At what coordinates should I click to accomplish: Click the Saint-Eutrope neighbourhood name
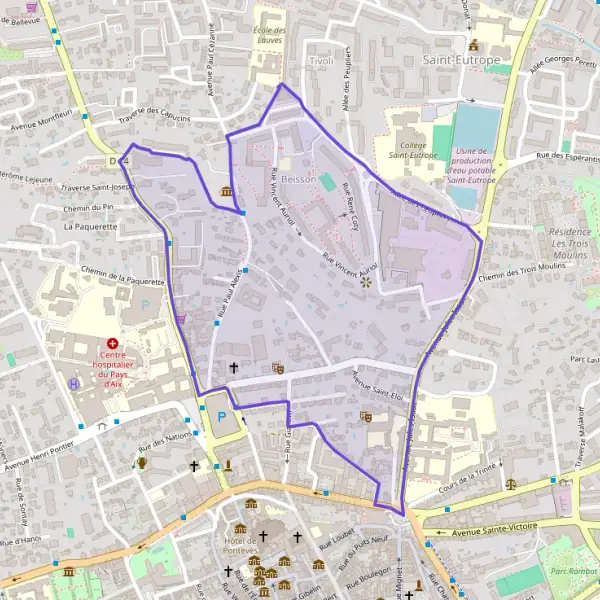click(461, 61)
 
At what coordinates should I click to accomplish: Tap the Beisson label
click(298, 179)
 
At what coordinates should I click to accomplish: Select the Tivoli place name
click(321, 61)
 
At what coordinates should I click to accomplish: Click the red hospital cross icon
click(113, 342)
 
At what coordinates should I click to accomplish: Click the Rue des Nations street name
click(164, 439)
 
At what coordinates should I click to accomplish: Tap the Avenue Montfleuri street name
click(42, 120)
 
